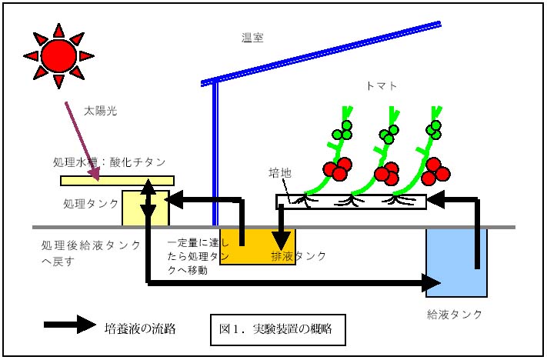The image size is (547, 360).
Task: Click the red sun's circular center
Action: point(58,56)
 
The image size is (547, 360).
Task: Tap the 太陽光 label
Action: point(101,111)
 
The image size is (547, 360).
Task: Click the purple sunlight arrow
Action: point(82,142)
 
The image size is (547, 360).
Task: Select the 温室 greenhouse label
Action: point(252,38)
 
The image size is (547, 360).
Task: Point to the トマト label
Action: point(382,86)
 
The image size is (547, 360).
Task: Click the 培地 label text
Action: point(280,173)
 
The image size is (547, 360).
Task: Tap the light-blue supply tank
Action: point(456,262)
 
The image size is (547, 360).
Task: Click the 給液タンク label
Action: point(454,315)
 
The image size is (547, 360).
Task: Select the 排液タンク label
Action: point(299,256)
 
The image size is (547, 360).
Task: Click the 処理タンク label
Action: point(91,204)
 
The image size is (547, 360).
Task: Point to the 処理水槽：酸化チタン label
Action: point(109,162)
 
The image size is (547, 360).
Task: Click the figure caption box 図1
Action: point(278,330)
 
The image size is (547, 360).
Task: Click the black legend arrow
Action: point(70,325)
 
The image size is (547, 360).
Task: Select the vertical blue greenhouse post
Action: point(215,154)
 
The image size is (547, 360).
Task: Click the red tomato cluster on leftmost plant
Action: point(337,168)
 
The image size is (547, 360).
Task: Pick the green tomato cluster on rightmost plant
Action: point(434,130)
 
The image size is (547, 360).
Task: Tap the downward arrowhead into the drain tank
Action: point(281,240)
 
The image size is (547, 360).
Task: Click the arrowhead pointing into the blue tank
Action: point(431,282)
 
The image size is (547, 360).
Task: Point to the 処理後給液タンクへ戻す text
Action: point(91,253)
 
